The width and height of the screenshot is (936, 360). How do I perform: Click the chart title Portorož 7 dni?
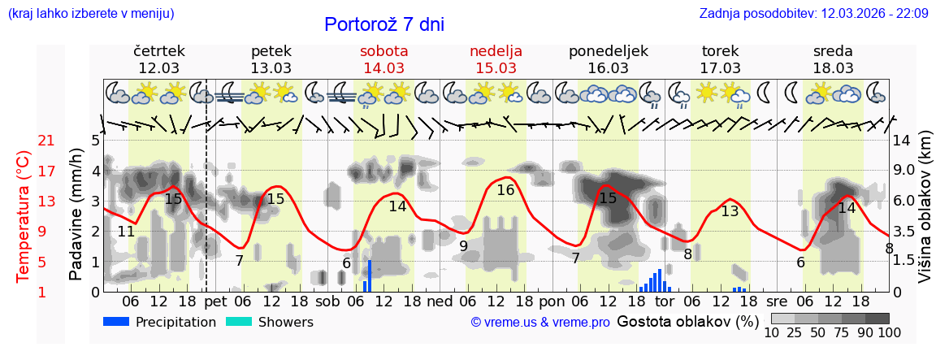[x=383, y=24]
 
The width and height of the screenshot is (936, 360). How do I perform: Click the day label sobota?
[x=383, y=51]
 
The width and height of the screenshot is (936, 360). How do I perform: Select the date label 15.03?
[x=496, y=67]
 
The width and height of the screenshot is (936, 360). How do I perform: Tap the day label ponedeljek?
[x=609, y=51]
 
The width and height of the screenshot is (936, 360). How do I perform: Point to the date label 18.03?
[x=833, y=67]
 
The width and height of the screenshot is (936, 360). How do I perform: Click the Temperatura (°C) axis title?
[x=24, y=215]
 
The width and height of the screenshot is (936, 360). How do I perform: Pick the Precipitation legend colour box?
[x=117, y=322]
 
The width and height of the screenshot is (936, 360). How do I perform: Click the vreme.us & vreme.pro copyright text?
[x=540, y=323]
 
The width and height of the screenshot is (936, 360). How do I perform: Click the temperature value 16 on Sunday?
[x=505, y=190]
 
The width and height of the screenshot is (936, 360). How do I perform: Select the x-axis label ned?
[x=440, y=301]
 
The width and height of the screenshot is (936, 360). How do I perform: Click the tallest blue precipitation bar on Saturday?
[x=369, y=275]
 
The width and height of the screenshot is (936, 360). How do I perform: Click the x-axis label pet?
[x=215, y=301]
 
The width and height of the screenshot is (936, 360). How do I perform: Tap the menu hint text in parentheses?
[x=90, y=13]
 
